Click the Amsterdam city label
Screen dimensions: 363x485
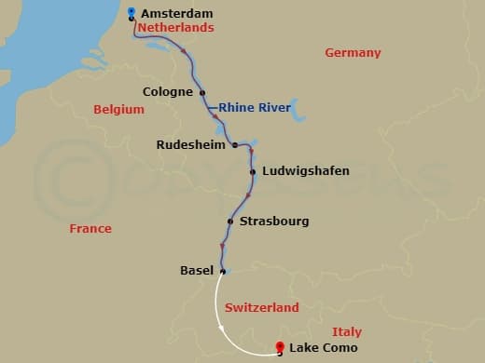[177, 14]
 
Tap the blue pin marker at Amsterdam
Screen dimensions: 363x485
[132, 12]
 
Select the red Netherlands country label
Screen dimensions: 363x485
[175, 28]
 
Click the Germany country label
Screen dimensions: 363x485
[353, 53]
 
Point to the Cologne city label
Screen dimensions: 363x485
[168, 92]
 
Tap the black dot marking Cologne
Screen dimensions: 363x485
[202, 92]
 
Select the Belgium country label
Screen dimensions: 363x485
[118, 110]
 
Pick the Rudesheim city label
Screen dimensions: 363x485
[192, 144]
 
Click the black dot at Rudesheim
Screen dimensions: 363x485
[234, 144]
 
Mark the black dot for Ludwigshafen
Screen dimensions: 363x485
[253, 171]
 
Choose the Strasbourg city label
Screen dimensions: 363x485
[274, 222]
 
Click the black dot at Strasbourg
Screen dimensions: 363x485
[229, 222]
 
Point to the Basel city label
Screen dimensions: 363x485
[196, 271]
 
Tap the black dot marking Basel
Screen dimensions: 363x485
[222, 271]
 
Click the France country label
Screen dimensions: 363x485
[90, 228]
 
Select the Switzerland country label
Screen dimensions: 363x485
[262, 308]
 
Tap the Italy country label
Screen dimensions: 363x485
[347, 332]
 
